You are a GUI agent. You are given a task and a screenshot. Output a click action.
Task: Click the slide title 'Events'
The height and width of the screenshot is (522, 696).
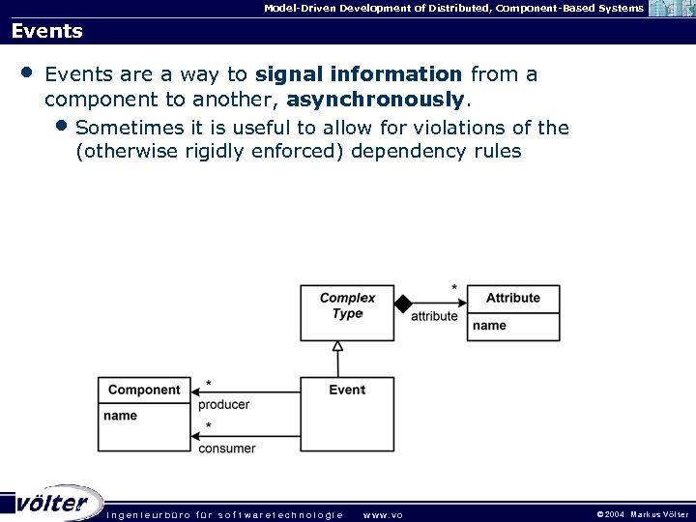(x=47, y=31)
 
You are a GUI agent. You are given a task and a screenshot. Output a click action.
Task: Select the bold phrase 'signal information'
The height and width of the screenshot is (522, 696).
(x=360, y=74)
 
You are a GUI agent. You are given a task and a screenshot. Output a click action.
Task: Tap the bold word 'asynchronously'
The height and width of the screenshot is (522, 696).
(x=376, y=99)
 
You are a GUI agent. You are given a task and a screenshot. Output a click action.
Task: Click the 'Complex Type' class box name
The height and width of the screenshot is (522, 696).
(x=347, y=305)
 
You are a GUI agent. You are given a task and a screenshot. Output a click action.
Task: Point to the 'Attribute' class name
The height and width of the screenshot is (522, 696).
(x=512, y=298)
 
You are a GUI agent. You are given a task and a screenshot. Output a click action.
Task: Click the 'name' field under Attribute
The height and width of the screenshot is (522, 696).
(x=489, y=326)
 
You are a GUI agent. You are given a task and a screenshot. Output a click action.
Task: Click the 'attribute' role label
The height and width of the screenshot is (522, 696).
(x=434, y=316)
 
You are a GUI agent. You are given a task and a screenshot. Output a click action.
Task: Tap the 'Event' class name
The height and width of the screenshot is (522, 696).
(x=347, y=390)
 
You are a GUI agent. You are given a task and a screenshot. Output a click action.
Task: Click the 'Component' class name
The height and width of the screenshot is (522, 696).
(x=144, y=390)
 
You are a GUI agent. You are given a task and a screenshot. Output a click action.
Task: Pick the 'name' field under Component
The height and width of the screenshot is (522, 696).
(x=120, y=416)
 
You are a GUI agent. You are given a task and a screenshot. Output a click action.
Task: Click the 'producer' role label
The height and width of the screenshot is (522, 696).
(x=223, y=405)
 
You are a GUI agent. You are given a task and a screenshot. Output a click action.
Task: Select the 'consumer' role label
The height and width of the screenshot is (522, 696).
(x=226, y=449)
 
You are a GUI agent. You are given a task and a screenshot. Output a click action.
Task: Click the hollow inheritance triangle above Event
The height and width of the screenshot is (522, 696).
(x=337, y=346)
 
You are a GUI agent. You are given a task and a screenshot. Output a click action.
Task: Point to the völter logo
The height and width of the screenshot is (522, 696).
(x=53, y=503)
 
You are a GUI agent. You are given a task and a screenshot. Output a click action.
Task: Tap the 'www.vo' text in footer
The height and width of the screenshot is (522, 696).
(x=382, y=514)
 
